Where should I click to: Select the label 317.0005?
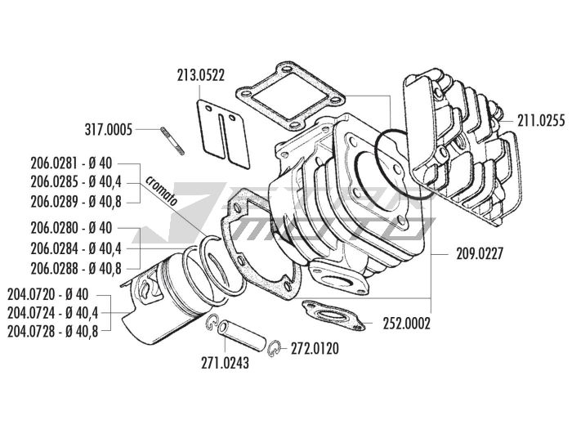click(132, 128)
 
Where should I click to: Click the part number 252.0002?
click(407, 323)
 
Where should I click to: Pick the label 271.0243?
click(223, 362)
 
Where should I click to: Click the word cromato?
click(165, 199)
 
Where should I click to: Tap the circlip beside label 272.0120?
click(278, 347)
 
